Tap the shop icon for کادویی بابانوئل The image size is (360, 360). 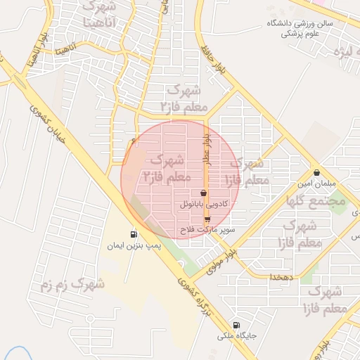pos(204,193)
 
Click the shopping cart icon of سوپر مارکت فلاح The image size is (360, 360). pos(206,219)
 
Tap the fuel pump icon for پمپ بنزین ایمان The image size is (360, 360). pos(134,234)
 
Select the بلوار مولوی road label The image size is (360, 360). pos(224,261)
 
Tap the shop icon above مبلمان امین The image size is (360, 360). pos(317,172)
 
